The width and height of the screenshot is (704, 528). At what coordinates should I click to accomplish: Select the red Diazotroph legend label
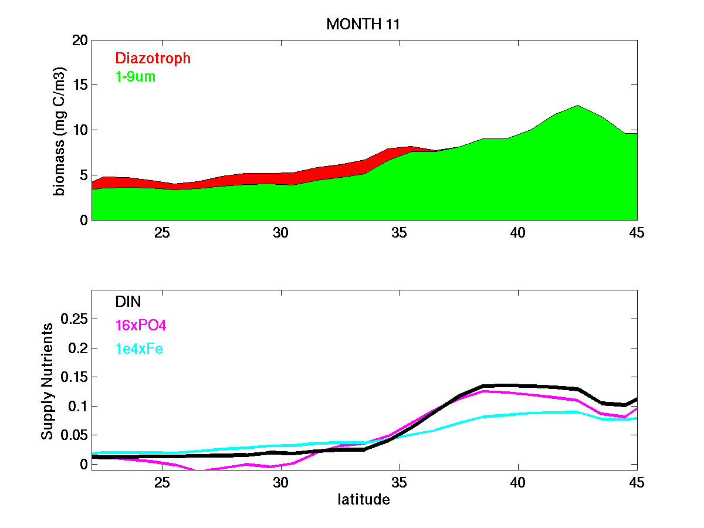tap(153, 58)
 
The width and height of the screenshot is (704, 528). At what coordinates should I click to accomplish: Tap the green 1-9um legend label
tap(136, 76)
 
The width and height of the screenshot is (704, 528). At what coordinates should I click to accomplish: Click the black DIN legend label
tap(128, 302)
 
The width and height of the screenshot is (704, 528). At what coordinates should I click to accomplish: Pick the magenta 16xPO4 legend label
tap(141, 325)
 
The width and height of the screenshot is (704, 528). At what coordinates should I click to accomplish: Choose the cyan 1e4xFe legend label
tap(139, 349)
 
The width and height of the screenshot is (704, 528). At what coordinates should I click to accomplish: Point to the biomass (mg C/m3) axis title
tap(60, 130)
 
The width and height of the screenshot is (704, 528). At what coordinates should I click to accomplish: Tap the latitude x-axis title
tap(363, 500)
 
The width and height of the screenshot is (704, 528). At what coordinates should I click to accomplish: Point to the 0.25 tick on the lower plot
tap(75, 319)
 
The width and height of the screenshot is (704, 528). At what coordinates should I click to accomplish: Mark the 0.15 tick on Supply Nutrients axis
tap(75, 377)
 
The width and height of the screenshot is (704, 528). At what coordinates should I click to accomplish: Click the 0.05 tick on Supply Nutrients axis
tap(75, 435)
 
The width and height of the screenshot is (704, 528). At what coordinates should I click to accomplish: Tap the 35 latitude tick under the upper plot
tap(399, 232)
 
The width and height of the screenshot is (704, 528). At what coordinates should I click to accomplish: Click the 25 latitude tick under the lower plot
tap(162, 482)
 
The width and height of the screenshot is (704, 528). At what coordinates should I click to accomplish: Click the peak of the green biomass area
tap(577, 106)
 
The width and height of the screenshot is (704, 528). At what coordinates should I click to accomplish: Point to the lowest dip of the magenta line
tap(198, 470)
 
